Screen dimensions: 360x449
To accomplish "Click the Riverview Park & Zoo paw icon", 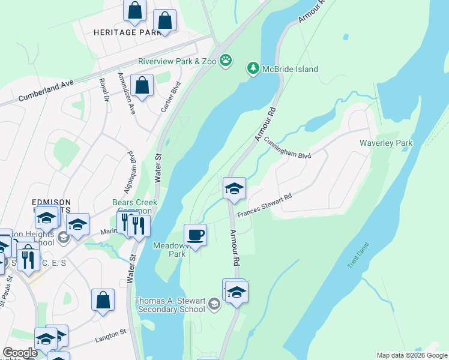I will (226, 59).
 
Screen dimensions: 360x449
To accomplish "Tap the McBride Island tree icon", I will (253, 69).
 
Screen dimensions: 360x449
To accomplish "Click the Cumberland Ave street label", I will (45, 91).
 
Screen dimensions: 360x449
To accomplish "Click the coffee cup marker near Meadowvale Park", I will (195, 235).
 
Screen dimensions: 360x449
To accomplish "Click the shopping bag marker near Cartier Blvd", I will (142, 86).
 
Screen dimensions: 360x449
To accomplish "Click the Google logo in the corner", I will (20, 353).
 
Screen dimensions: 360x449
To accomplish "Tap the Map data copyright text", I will (412, 355).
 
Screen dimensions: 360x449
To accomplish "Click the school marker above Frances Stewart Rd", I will (234, 188).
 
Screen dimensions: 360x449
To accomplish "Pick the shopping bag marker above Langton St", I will (103, 300).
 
